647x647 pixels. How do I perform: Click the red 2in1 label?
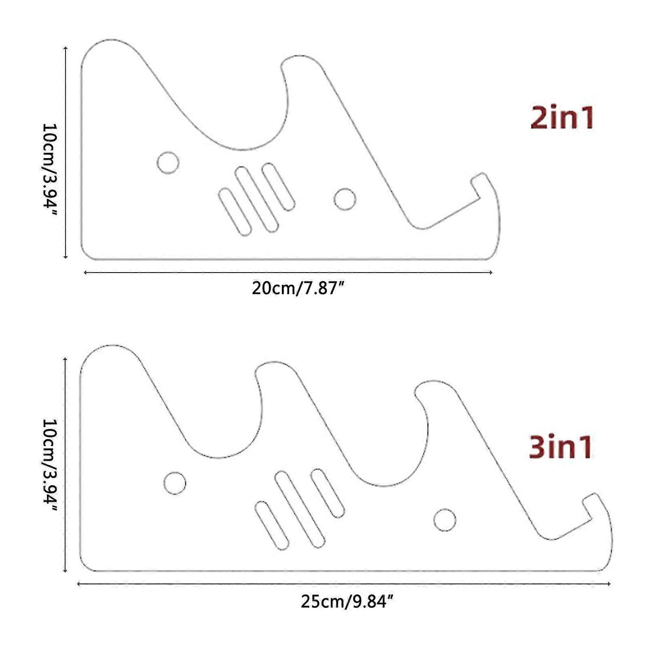pos(562,118)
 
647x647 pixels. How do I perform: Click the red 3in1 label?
pos(561,447)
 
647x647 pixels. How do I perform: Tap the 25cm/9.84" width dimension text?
pos(347,602)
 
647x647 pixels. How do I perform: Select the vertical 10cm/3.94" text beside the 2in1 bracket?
pos(50,165)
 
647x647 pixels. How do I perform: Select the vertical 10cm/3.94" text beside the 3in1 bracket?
pos(50,465)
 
